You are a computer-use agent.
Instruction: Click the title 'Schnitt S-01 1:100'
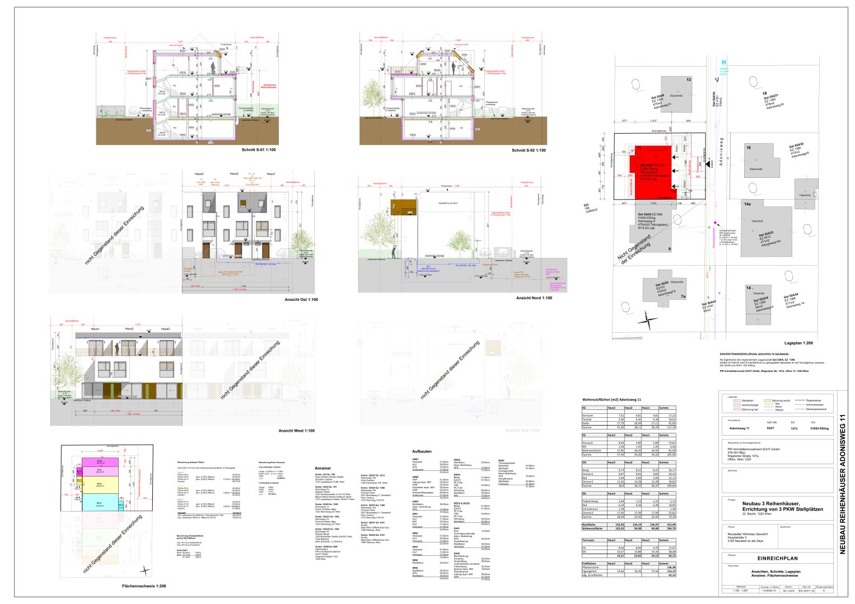pyautogui.click(x=258, y=150)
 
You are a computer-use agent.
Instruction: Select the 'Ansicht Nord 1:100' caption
pyautogui.click(x=534, y=298)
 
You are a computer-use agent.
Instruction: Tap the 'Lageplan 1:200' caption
pyautogui.click(x=798, y=343)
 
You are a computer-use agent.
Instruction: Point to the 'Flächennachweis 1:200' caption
pyautogui.click(x=144, y=586)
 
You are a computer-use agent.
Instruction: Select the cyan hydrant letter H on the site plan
pyautogui.click(x=724, y=63)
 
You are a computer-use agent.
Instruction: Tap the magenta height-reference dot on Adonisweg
pyautogui.click(x=715, y=223)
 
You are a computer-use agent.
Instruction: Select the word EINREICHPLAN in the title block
pyautogui.click(x=777, y=558)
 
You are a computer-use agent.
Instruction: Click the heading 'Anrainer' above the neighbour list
pyautogui.click(x=323, y=468)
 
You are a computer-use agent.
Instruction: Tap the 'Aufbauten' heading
pyautogui.click(x=422, y=451)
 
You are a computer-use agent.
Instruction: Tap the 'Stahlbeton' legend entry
pyautogui.click(x=747, y=400)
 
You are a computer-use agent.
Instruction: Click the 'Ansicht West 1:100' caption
pyautogui.click(x=296, y=431)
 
